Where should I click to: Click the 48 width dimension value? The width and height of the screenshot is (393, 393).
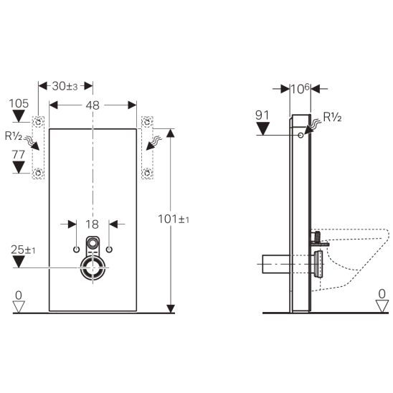point(93,105)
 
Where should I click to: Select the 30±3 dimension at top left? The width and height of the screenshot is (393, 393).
point(65,86)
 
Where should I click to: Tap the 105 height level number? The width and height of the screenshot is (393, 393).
point(19,103)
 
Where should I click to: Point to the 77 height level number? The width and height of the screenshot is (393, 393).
point(19,155)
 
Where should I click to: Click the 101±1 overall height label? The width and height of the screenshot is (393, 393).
point(174,219)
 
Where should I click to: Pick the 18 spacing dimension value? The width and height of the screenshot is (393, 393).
point(92,224)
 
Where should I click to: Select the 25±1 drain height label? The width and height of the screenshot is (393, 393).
point(23,250)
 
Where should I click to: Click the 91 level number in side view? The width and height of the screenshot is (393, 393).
point(262,115)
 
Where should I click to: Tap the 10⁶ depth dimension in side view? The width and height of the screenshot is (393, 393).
point(300,89)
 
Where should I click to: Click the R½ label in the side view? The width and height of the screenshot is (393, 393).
point(332,117)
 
